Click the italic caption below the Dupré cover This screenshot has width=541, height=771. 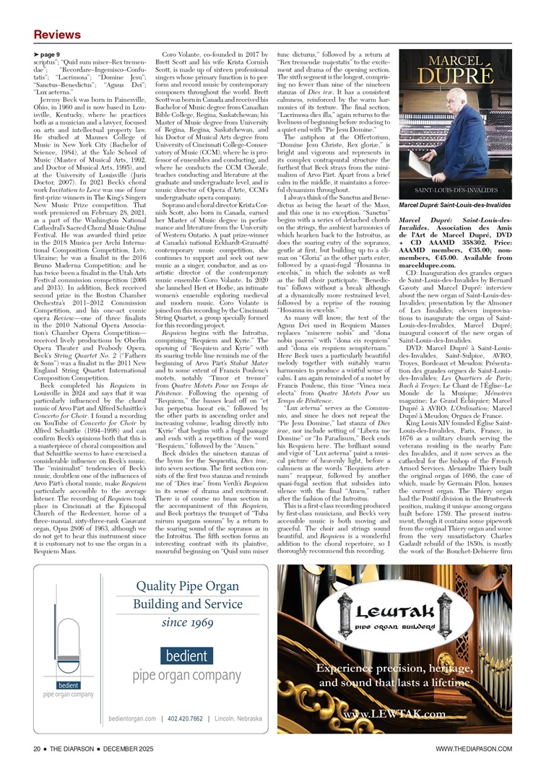[x=452, y=206]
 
